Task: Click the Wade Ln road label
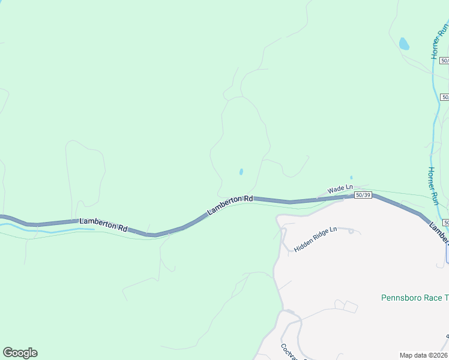[339, 189]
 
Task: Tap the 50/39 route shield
[363, 195]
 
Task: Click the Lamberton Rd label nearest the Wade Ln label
[231, 205]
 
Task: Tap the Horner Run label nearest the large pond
[440, 41]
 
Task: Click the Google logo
[20, 353]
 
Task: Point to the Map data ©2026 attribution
[424, 355]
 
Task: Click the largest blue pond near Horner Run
[404, 44]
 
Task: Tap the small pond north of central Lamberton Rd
[241, 172]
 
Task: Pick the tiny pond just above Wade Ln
[351, 178]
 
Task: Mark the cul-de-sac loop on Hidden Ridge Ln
[351, 231]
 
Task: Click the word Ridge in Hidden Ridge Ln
[318, 238]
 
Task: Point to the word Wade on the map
[335, 190]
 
